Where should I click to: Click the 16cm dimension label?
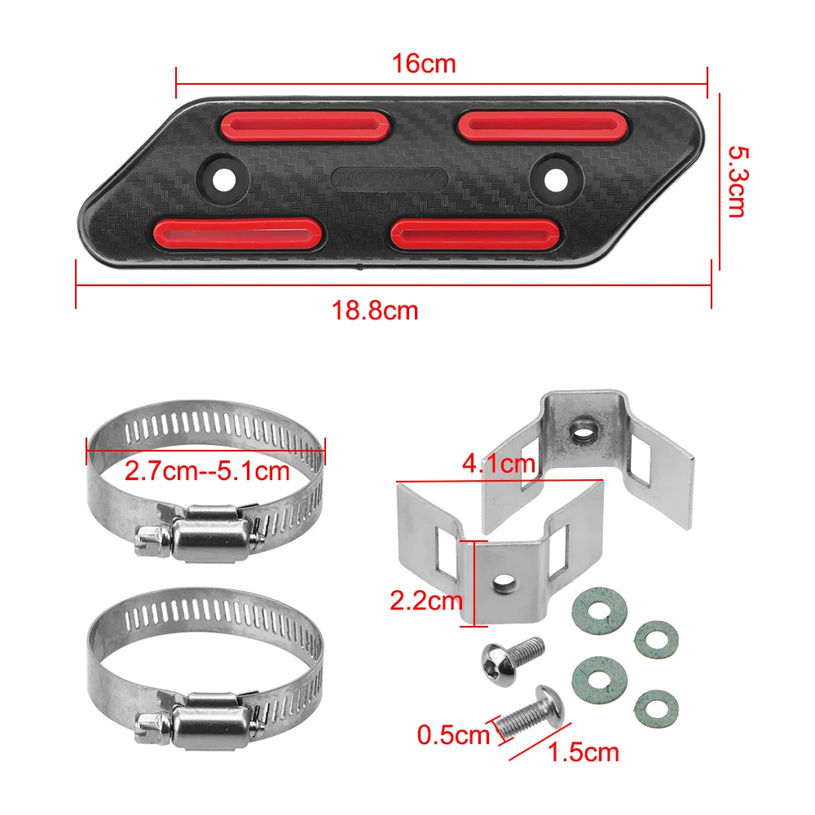point(423,64)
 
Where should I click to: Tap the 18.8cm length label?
point(374,310)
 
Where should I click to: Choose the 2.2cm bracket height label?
point(425,601)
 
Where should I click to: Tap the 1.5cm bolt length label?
point(584,751)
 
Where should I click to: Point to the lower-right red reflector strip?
point(475,232)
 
